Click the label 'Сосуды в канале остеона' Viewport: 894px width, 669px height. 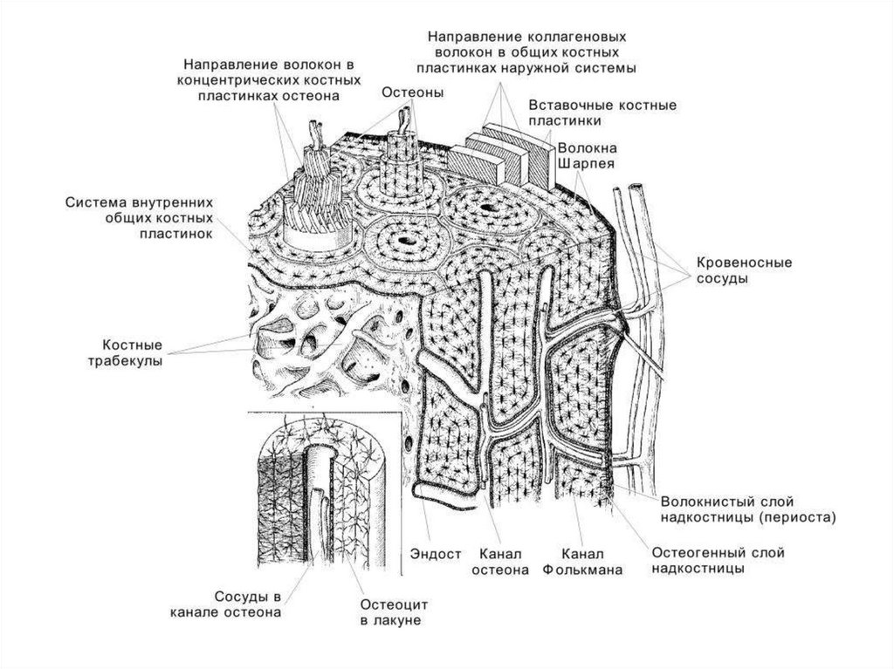(225, 604)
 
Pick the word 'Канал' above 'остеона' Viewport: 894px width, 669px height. (500, 553)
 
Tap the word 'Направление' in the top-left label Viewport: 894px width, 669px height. (230, 65)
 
